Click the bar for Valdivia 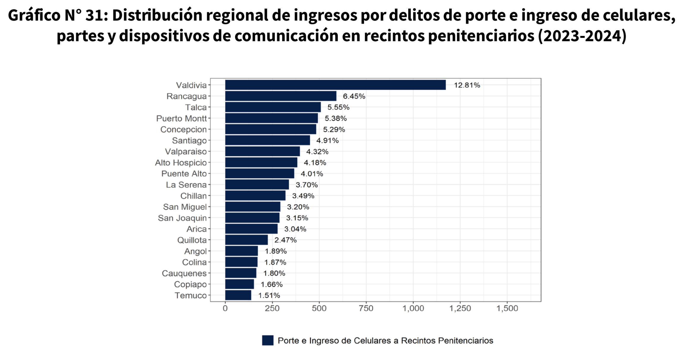click(x=335, y=85)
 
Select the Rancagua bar click(x=281, y=96)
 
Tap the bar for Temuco click(x=238, y=295)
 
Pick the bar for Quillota click(x=246, y=240)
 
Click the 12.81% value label click(x=467, y=85)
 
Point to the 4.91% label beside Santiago click(x=327, y=140)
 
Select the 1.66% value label click(x=271, y=285)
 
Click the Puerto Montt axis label click(x=181, y=119)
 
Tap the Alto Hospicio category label click(x=181, y=163)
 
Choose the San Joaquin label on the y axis click(x=182, y=218)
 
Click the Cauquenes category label click(x=184, y=273)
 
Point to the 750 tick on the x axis click(x=366, y=308)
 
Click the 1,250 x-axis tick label click(x=460, y=308)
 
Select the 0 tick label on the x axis click(x=225, y=308)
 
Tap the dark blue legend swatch click(x=268, y=340)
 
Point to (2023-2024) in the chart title click(x=582, y=36)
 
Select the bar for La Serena click(x=257, y=185)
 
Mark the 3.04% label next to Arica click(x=295, y=229)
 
